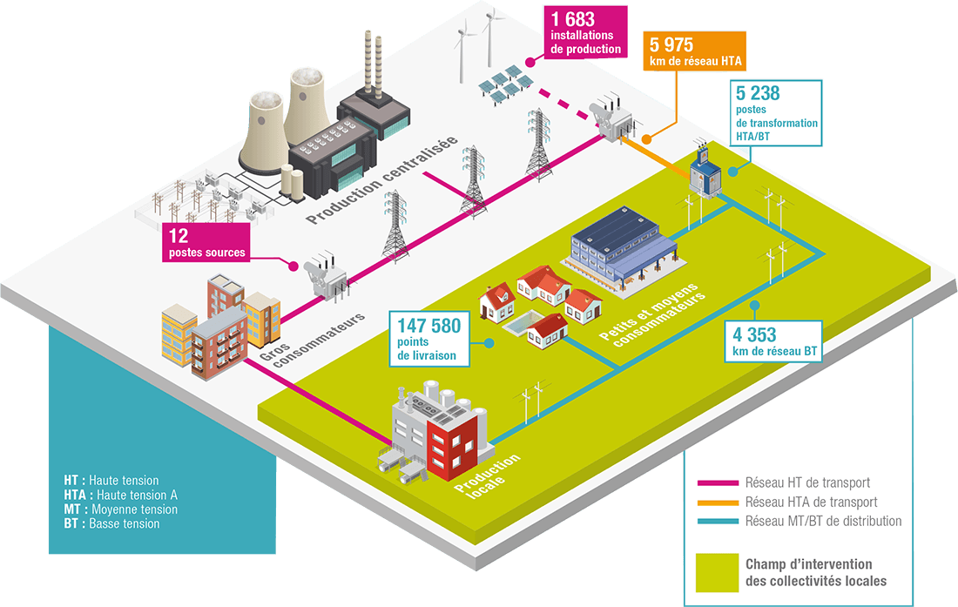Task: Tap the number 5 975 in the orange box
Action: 671,45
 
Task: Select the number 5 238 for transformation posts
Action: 758,93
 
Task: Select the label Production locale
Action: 489,476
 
